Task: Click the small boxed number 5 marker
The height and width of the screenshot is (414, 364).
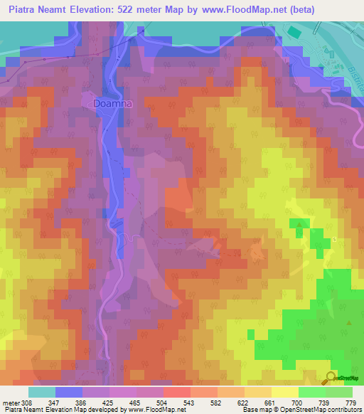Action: (333, 239)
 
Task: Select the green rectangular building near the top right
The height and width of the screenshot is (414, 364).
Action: (294, 32)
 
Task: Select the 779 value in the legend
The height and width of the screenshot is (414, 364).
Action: (351, 402)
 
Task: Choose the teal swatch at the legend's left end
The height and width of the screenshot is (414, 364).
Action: (42, 392)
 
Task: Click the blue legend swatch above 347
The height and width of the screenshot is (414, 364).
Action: (69, 392)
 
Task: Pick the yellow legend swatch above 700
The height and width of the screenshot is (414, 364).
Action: (284, 392)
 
